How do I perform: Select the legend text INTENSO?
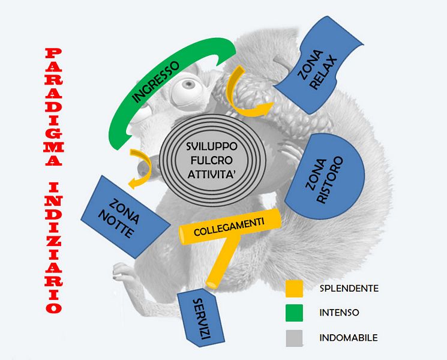(x=340, y=313)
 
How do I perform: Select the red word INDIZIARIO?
(x=53, y=246)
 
